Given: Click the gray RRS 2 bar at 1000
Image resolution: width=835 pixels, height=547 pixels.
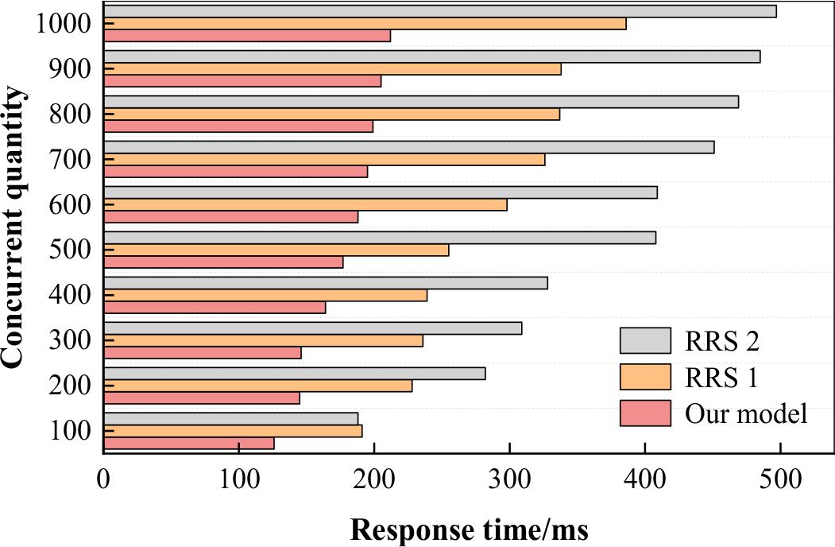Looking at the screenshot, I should tap(440, 11).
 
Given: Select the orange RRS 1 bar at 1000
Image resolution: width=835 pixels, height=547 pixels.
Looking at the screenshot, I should tap(365, 23).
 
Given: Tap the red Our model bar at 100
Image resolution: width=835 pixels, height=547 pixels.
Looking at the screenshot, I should tap(189, 443).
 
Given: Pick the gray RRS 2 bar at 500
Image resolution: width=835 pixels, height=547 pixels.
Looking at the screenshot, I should tap(380, 238).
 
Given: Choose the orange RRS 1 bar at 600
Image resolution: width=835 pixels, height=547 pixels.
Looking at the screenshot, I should tap(305, 204).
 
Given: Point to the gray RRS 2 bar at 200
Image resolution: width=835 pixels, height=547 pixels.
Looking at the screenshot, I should tap(294, 374).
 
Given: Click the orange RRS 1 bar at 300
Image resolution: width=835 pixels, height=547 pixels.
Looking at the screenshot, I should tap(263, 340).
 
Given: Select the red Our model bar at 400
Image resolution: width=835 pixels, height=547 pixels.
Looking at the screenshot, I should tap(215, 307).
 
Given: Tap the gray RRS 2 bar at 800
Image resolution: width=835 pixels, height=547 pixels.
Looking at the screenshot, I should tap(421, 102).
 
